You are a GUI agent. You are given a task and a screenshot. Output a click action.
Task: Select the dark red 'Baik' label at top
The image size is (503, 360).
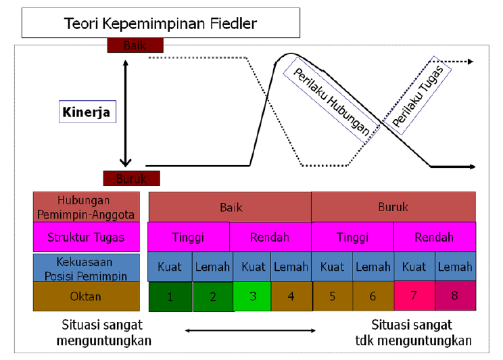[135, 45]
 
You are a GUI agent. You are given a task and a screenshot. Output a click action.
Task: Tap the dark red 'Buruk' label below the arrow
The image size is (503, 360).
[131, 179]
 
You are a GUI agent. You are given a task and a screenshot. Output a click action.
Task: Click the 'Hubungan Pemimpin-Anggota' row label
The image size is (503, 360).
[87, 206]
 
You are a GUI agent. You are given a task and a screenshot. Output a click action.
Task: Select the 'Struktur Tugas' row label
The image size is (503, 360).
[87, 238]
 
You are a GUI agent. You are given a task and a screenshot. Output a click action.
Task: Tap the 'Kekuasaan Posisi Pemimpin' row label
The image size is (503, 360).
[87, 267]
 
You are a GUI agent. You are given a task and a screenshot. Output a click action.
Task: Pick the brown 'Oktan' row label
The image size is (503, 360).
[87, 296]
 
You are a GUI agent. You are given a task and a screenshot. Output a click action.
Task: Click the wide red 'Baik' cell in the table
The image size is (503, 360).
[230, 207]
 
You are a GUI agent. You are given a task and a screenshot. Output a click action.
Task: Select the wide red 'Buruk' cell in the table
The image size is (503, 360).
[393, 207]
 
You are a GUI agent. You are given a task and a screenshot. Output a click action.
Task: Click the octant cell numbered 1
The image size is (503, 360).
[170, 296]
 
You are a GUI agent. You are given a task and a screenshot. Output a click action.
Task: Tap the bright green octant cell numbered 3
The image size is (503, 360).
[251, 296]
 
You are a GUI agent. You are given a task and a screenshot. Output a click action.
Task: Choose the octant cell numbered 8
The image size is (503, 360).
[454, 296]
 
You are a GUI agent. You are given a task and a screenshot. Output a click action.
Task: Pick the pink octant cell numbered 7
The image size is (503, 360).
[414, 296]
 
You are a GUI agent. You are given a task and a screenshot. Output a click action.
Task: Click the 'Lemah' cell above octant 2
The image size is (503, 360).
[212, 267]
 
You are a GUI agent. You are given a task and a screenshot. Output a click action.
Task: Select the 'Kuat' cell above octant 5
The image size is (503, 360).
[332, 267]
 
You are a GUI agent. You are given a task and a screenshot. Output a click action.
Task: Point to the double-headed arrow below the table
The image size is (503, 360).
[250, 330]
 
